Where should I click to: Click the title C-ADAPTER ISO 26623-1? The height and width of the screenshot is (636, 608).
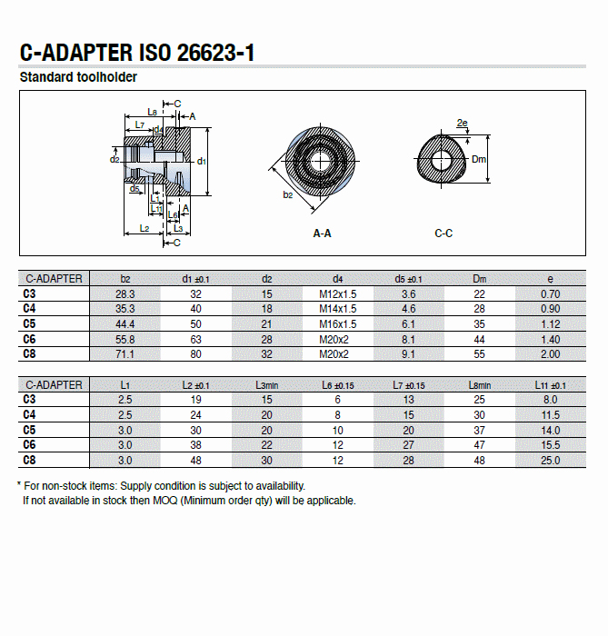click(x=136, y=53)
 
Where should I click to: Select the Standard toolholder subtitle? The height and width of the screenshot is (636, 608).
click(x=78, y=77)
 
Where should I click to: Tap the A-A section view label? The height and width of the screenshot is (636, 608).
click(x=322, y=234)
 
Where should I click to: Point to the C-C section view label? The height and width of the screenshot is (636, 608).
click(x=444, y=234)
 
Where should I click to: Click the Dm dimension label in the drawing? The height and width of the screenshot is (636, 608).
click(x=480, y=159)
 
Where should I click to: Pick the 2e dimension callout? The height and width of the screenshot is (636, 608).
click(x=462, y=123)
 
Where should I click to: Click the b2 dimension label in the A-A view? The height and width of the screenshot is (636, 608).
click(x=288, y=194)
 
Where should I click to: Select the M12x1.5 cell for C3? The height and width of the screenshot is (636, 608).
click(x=337, y=294)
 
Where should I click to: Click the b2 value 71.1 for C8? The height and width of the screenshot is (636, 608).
click(x=125, y=353)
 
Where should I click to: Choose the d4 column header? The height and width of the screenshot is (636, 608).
click(x=337, y=279)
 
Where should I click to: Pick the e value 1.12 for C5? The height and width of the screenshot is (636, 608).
click(x=550, y=323)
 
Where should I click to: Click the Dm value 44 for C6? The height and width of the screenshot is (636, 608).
click(x=479, y=339)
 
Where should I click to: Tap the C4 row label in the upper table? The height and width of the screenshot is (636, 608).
click(x=29, y=309)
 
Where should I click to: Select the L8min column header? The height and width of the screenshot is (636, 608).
click(x=479, y=385)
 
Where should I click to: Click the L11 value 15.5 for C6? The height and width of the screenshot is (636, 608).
click(x=550, y=445)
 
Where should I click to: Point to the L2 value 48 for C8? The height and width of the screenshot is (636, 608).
click(x=195, y=461)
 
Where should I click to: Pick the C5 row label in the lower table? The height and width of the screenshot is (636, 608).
click(x=29, y=430)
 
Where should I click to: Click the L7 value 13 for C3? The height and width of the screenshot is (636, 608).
click(x=409, y=400)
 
